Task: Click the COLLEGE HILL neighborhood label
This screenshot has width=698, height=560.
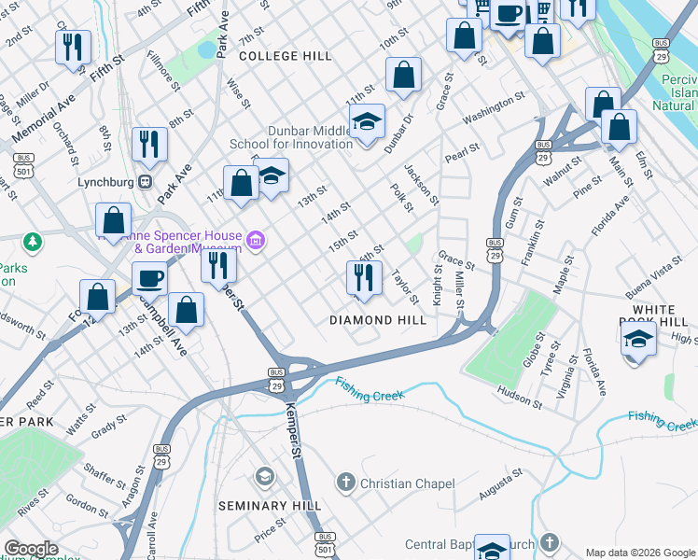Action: pyautogui.click(x=285, y=56)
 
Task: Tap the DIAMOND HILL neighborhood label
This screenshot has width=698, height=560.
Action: pyautogui.click(x=378, y=320)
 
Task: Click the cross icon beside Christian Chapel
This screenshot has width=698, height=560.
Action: pyautogui.click(x=345, y=483)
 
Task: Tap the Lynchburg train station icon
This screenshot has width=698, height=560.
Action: pyautogui.click(x=145, y=181)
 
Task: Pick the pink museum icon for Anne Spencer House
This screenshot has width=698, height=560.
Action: pyautogui.click(x=255, y=243)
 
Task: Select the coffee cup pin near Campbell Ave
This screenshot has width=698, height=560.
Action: pyautogui.click(x=149, y=278)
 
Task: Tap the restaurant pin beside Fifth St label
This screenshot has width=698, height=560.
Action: pyautogui.click(x=73, y=47)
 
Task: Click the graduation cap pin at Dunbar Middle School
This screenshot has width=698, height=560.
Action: pyautogui.click(x=367, y=120)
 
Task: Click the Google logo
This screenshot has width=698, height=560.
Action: pyautogui.click(x=32, y=549)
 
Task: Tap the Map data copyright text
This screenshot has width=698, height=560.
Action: pyautogui.click(x=639, y=553)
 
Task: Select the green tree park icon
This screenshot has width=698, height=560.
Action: pyautogui.click(x=34, y=243)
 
